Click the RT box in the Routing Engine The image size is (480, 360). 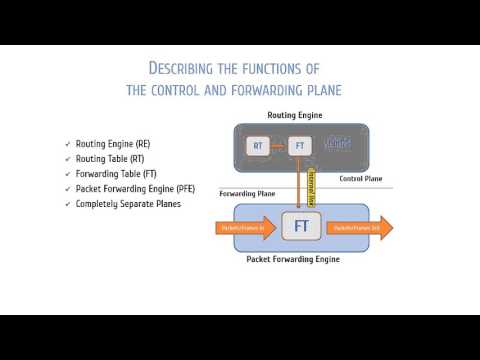click(x=258, y=146)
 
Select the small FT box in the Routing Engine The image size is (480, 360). click(x=299, y=146)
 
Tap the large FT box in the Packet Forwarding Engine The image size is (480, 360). click(x=300, y=227)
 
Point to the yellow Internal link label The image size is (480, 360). click(x=310, y=187)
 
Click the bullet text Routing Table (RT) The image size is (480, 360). click(x=111, y=159)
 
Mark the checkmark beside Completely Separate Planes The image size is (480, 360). click(x=67, y=204)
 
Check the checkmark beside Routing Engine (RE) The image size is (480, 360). click(x=67, y=144)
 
